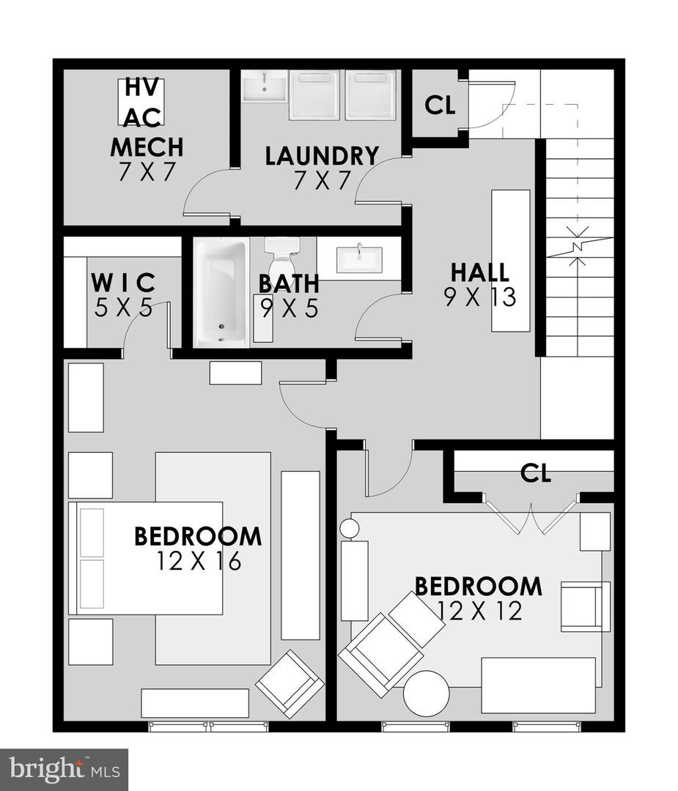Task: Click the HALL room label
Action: tap(480, 272)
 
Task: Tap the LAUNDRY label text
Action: tap(322, 156)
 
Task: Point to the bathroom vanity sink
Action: tap(359, 258)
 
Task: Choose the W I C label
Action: tap(123, 281)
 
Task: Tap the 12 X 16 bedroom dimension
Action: tap(199, 561)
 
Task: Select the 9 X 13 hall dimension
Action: tap(480, 297)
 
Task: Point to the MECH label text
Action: tap(147, 146)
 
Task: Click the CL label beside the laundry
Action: tap(440, 105)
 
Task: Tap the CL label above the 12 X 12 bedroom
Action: tap(535, 474)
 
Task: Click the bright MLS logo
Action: tap(64, 769)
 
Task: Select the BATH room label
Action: tap(289, 283)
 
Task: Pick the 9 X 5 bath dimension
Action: tap(289, 308)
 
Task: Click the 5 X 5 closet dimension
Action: tap(123, 308)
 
